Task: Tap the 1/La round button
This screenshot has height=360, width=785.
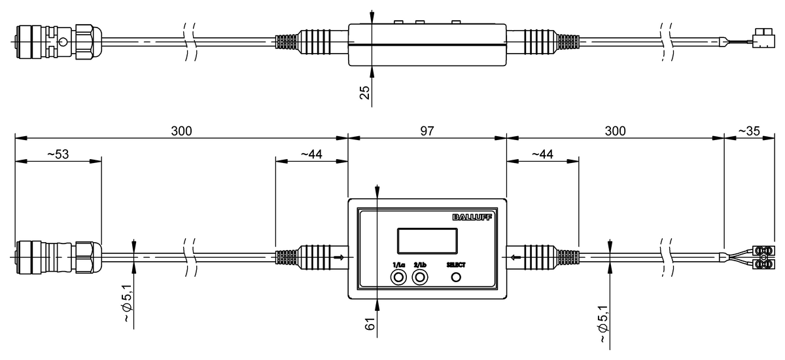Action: [398, 278]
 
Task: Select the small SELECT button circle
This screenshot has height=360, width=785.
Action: [456, 278]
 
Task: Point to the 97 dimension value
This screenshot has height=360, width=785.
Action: [427, 131]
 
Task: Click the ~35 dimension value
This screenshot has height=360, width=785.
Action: [748, 131]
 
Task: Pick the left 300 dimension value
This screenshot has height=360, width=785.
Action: [181, 131]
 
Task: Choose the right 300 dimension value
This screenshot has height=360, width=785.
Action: [615, 131]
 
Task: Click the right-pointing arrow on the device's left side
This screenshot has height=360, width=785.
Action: [338, 257]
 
